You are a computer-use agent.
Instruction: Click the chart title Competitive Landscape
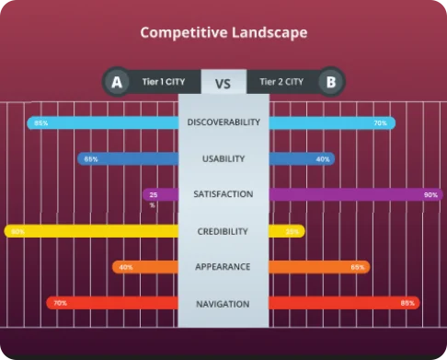click(x=223, y=32)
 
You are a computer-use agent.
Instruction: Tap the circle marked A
click(x=117, y=82)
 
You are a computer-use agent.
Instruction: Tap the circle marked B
click(x=330, y=82)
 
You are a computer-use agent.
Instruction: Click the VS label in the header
click(x=223, y=83)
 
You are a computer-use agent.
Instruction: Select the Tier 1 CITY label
click(x=164, y=82)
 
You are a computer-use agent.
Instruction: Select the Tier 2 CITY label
click(x=281, y=82)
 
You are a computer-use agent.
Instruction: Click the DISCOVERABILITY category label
click(x=223, y=122)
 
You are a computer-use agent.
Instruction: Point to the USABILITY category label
click(x=223, y=158)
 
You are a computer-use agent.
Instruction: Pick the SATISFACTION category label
click(x=223, y=194)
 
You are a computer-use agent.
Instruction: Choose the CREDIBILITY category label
click(x=223, y=231)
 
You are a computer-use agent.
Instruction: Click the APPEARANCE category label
click(x=223, y=267)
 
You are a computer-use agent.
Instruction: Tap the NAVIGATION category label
click(x=223, y=303)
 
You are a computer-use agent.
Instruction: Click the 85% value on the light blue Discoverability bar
click(x=41, y=122)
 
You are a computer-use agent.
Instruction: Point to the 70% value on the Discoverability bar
click(x=380, y=122)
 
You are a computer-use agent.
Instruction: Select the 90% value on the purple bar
click(x=430, y=194)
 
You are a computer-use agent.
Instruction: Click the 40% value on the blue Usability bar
click(x=323, y=158)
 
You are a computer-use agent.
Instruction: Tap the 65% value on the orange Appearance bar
click(x=357, y=267)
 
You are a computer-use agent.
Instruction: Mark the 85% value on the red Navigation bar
click(x=407, y=303)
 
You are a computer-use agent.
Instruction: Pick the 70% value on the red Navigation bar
click(x=60, y=303)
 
